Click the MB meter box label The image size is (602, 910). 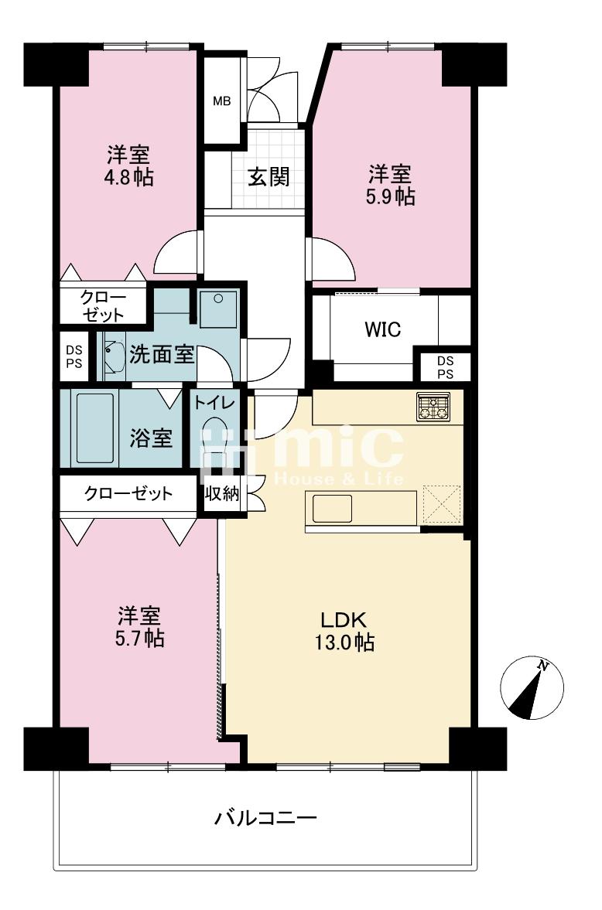pos(221,101)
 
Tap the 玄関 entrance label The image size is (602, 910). pos(269,176)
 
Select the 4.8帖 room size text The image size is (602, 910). pos(128,177)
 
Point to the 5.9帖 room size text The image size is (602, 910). pos(390,196)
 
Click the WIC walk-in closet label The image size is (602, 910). pos(383,329)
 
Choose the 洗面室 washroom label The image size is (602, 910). pos(161,354)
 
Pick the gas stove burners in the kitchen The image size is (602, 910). pos(433,406)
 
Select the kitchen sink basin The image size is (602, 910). pos(333,509)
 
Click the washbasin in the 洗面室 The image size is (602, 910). pos(113,356)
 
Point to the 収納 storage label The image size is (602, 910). pos(222,493)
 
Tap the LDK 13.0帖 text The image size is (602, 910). pos(344,631)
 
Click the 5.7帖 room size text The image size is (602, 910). pos(139,627)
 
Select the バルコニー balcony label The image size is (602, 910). pos(265,818)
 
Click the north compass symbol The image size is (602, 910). pos(532,688)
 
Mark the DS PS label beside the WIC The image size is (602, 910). pos(445,367)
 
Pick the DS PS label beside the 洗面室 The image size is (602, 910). pos(74,357)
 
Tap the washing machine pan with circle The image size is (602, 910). pos(218,308)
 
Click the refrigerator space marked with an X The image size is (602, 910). pos(442,504)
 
